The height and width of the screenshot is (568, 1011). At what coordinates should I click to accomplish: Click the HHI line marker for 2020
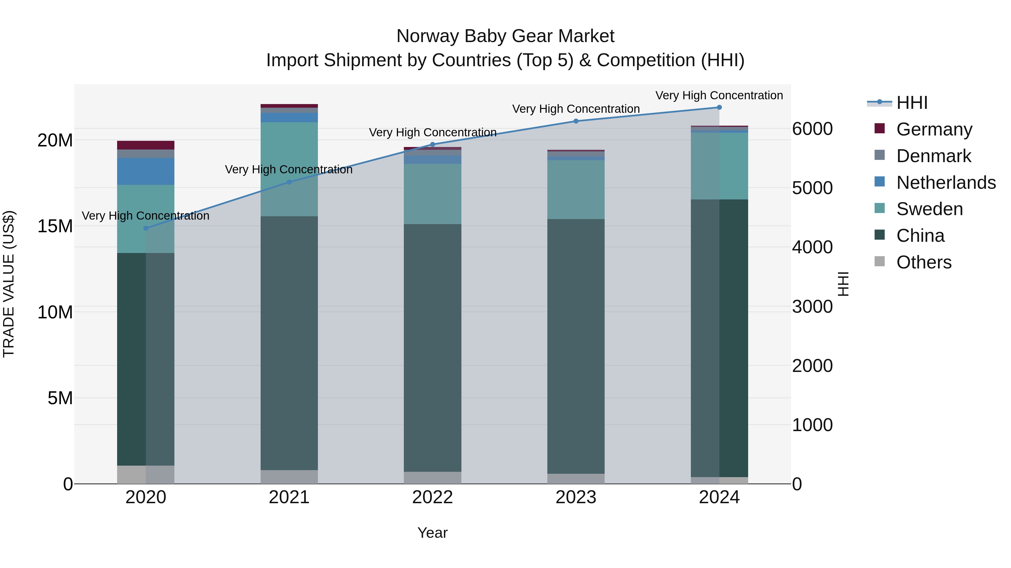146,228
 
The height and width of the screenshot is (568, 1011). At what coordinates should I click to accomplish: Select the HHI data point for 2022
432,144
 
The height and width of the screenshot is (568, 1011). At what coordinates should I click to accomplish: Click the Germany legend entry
934,129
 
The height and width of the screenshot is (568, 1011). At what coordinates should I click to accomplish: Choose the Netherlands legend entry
946,183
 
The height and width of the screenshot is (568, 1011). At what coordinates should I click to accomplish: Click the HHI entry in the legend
912,103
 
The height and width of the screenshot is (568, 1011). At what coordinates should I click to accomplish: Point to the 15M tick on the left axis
55,226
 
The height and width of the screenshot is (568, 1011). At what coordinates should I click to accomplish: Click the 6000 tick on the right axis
812,129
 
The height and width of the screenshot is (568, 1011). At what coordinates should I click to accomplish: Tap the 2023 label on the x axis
576,497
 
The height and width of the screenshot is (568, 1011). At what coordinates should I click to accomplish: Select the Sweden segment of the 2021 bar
289,169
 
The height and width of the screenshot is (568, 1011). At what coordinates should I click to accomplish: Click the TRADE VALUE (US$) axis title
9,284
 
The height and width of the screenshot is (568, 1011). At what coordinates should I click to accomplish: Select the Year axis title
432,533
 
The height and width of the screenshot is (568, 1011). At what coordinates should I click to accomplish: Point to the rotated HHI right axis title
842,284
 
